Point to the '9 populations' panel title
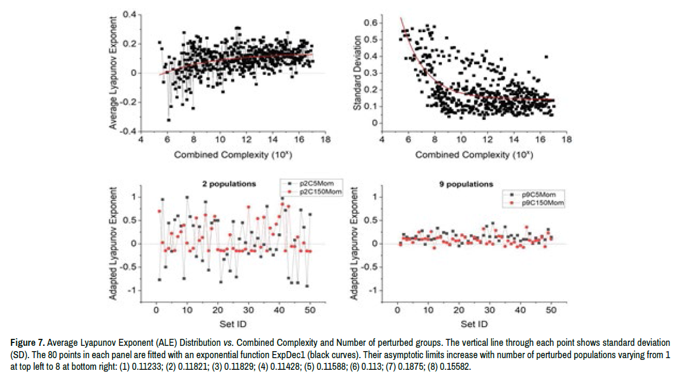click(466, 185)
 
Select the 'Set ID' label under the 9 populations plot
click(473, 323)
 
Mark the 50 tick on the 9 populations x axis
click(550, 310)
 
